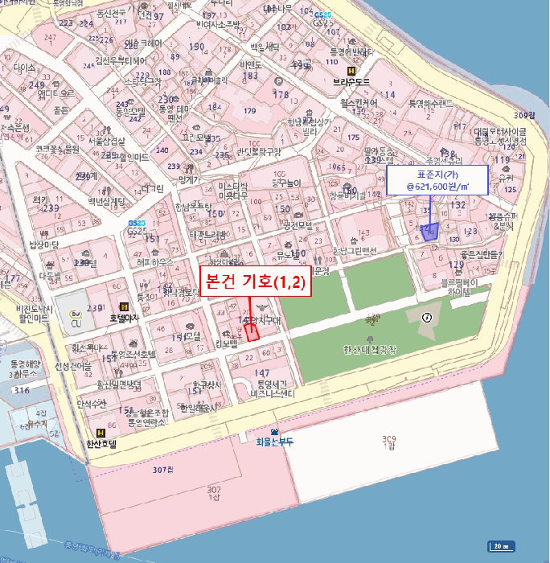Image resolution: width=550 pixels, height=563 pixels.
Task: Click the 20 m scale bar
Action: click(x=503, y=546)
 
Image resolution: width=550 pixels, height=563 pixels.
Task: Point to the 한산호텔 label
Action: click(x=101, y=443)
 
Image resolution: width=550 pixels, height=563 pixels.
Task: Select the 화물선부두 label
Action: click(x=276, y=442)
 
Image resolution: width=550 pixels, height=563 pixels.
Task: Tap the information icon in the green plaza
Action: click(x=426, y=317)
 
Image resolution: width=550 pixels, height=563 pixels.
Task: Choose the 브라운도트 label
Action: click(x=351, y=82)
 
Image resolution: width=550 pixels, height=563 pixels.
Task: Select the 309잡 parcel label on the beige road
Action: click(x=529, y=116)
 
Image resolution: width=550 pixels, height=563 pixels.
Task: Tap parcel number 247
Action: click(x=51, y=38)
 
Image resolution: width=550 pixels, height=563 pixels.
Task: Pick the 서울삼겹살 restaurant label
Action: click(x=108, y=141)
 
